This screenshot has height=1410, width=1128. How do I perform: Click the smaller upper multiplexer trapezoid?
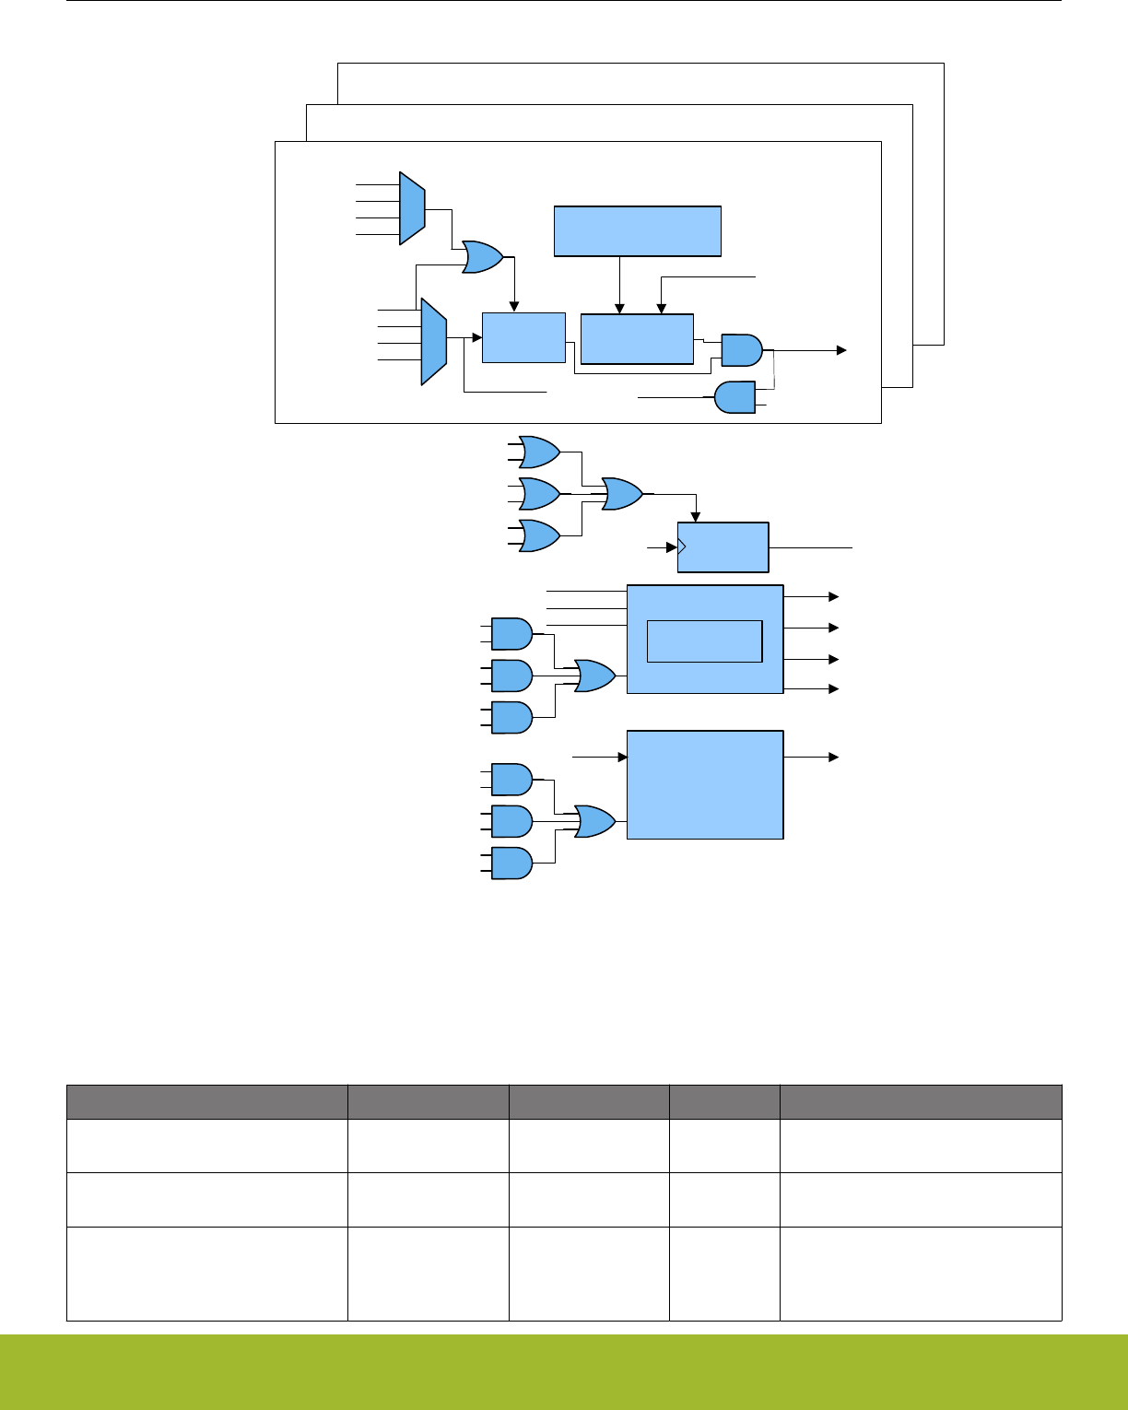[x=411, y=208]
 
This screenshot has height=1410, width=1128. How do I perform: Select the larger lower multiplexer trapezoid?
[x=433, y=341]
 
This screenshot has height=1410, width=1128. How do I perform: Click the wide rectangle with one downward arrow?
[x=637, y=230]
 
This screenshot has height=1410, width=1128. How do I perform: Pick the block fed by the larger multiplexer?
[x=523, y=337]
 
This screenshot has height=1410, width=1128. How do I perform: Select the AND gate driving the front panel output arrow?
[x=741, y=349]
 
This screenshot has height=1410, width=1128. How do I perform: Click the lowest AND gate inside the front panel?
[x=734, y=397]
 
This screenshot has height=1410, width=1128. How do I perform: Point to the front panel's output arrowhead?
[x=840, y=350]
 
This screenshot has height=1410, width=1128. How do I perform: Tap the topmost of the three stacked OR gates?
[x=539, y=452]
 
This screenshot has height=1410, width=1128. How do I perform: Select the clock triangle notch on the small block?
[x=682, y=547]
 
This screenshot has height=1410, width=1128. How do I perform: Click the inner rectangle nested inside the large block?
[x=704, y=640]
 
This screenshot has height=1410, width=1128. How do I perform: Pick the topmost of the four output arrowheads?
[x=833, y=596]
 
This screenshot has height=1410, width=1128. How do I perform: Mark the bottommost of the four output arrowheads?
[x=833, y=688]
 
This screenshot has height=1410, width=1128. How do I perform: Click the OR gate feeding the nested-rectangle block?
[x=593, y=676]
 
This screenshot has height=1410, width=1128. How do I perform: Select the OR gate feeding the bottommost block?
[x=593, y=821]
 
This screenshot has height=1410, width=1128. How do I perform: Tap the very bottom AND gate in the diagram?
[x=511, y=863]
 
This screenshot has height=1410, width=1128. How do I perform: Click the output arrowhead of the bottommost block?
[x=833, y=757]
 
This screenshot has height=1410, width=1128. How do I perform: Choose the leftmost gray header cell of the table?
[x=206, y=1102]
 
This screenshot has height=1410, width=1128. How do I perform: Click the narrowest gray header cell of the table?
[x=724, y=1102]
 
